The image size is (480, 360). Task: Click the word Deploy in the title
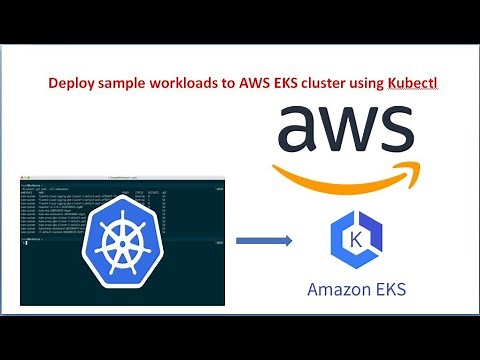click(67, 85)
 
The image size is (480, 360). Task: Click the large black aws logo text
click(344, 131)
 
